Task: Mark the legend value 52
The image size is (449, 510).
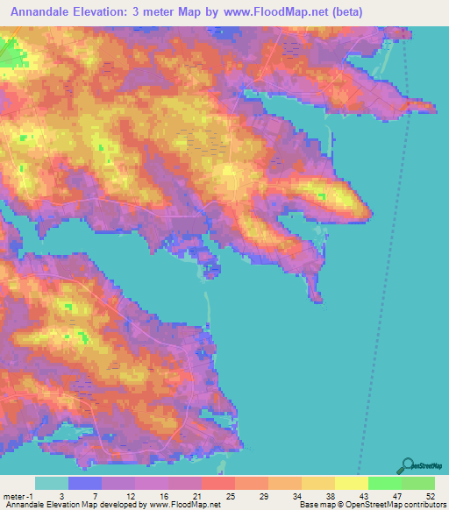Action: click(431, 496)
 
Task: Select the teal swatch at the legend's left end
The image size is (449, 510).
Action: click(52, 483)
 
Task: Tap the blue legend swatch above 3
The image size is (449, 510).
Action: click(85, 483)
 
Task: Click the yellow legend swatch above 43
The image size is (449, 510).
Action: click(352, 483)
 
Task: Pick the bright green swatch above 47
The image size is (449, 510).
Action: click(385, 483)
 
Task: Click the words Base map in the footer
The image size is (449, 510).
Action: click(315, 505)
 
